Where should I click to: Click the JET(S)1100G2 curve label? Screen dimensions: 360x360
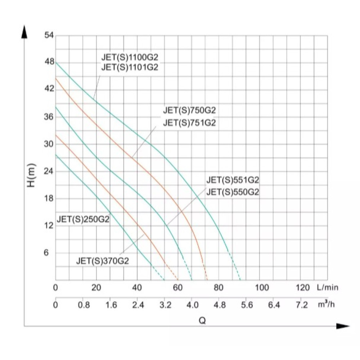point(130,57)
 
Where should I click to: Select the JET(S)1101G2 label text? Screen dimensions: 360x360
point(130,67)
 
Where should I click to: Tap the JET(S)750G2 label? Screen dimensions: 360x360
point(189,110)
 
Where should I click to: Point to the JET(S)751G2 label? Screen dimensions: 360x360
point(189,123)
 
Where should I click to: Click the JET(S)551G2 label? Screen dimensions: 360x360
point(233,180)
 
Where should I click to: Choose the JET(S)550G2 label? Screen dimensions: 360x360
point(233,192)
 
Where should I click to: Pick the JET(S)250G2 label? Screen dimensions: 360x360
point(83,219)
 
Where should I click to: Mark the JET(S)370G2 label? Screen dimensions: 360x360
point(102,261)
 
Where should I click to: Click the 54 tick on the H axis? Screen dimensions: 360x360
point(49,35)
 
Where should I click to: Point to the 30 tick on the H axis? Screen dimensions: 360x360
point(49,144)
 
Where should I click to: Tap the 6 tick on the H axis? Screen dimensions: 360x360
point(46,253)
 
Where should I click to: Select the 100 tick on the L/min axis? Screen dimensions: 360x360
point(262,287)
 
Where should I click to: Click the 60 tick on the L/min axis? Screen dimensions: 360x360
point(178,287)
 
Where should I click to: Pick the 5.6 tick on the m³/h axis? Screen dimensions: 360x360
point(247,305)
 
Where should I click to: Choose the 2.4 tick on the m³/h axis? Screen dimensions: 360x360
point(138,305)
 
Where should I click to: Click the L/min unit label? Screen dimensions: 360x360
point(328,287)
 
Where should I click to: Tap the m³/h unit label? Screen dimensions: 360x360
point(326,304)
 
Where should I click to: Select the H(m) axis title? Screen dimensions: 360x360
point(31,175)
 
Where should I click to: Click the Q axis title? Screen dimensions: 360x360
point(202,320)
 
